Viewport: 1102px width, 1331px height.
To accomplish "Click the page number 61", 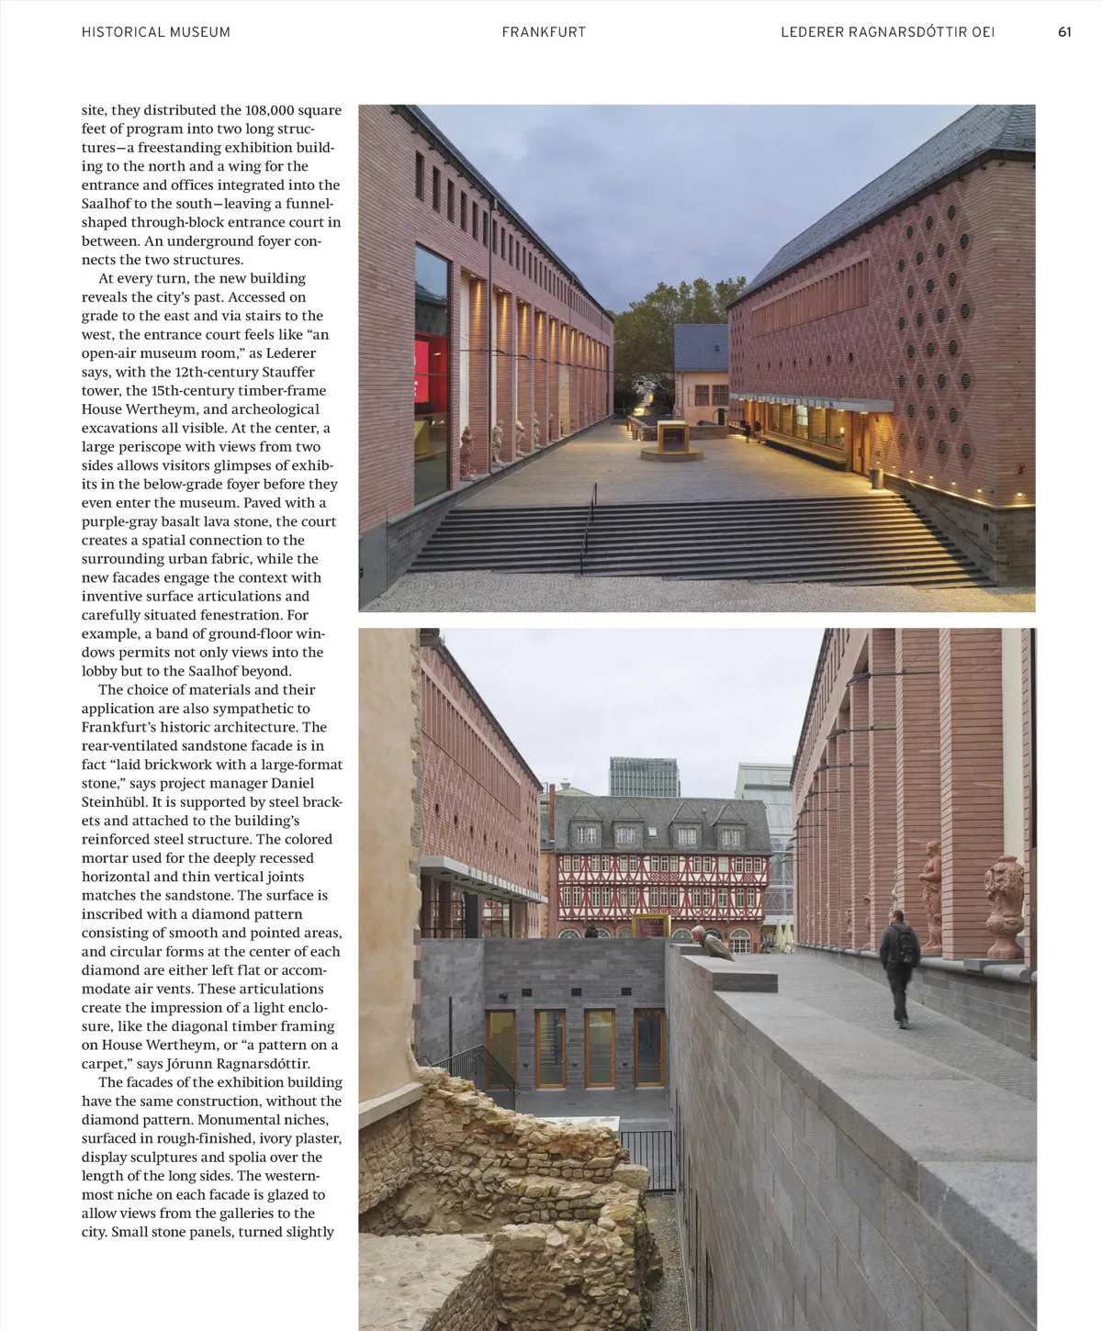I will (x=1064, y=31).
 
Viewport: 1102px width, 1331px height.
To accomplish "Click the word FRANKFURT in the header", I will (x=544, y=31).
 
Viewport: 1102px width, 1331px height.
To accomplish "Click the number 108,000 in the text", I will (x=270, y=110).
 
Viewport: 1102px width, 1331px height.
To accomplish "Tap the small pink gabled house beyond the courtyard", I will (x=701, y=367).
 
